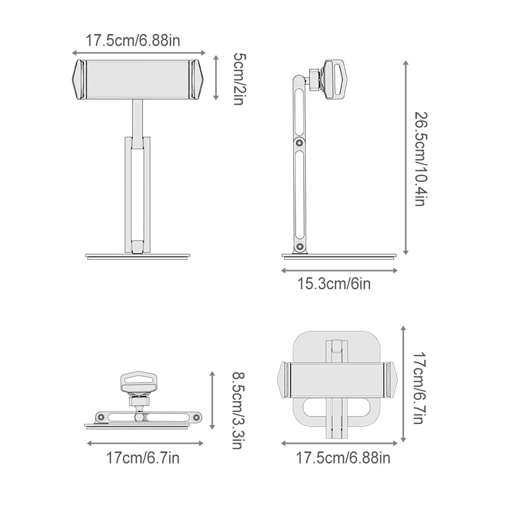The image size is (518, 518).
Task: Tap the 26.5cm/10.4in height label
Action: tap(422, 159)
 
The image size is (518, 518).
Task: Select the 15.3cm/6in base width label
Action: tap(334, 284)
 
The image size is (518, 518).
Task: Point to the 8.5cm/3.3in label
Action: tap(238, 410)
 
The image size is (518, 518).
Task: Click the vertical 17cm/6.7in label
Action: tap(419, 388)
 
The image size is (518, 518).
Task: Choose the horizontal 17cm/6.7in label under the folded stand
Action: tap(143, 458)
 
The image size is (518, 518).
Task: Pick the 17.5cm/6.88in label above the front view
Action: tap(133, 41)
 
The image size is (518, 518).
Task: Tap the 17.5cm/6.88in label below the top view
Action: tap(343, 458)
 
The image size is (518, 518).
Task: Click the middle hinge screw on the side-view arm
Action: tap(300, 143)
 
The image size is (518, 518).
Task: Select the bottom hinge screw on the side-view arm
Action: tap(300, 246)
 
